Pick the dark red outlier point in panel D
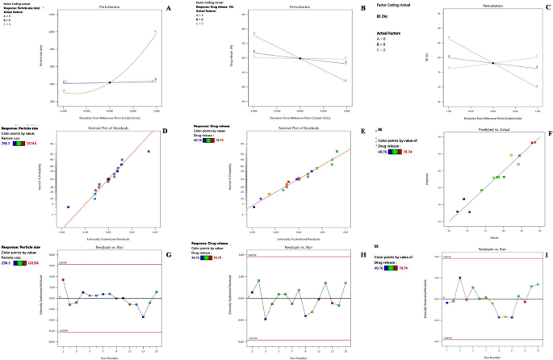(148, 151)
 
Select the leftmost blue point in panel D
(68, 207)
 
